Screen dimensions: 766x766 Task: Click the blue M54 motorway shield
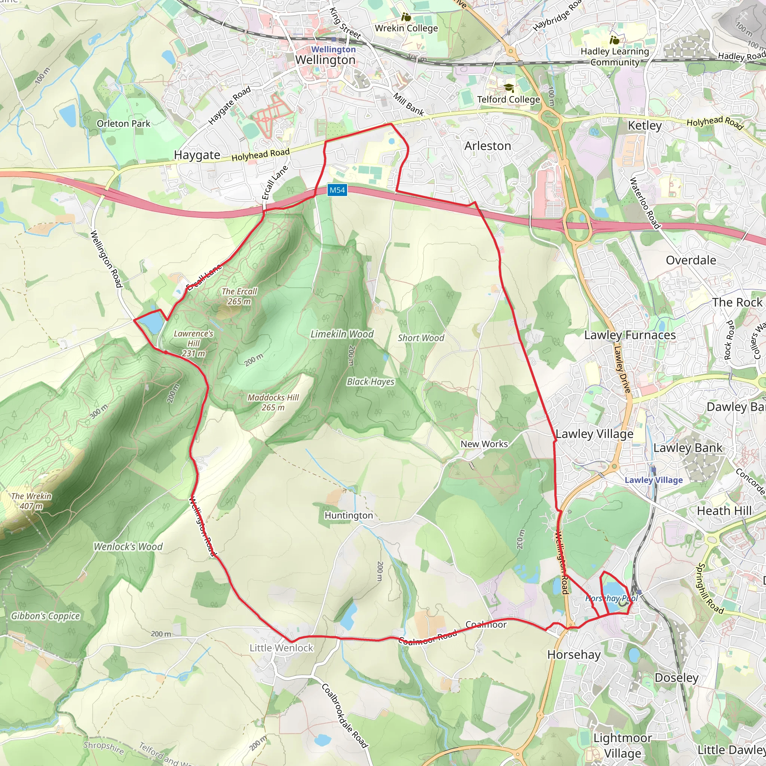[x=337, y=190]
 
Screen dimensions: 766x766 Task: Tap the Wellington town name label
[x=325, y=60]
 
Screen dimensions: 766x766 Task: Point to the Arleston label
[x=487, y=146]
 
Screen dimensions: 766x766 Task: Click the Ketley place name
[x=645, y=126]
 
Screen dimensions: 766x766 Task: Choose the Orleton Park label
[x=123, y=124]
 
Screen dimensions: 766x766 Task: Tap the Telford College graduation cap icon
[x=509, y=88]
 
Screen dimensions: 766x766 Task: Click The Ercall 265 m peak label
[x=239, y=296]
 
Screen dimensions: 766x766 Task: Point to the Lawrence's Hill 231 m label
[x=193, y=343]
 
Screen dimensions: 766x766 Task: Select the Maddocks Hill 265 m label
[x=273, y=402]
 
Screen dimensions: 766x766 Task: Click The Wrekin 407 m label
[x=31, y=501]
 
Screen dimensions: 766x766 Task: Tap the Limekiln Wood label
[x=342, y=334]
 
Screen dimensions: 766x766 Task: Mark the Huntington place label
[x=349, y=515]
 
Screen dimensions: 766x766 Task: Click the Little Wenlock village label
[x=281, y=648]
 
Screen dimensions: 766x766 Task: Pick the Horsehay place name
[x=574, y=655]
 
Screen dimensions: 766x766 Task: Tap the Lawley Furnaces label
[x=629, y=335]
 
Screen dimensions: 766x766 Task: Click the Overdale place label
[x=691, y=260]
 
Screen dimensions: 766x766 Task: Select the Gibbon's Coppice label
[x=45, y=616]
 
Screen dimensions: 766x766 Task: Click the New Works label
[x=484, y=444]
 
